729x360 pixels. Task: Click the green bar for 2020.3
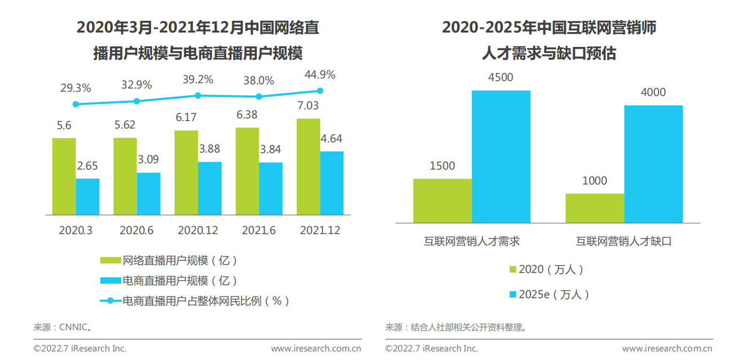[x=64, y=177]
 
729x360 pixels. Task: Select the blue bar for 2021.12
[x=332, y=183]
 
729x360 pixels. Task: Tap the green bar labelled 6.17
[x=186, y=172]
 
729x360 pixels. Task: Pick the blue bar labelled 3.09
[x=148, y=194]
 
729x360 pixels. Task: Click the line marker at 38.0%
[x=259, y=97]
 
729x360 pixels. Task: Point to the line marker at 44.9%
[x=320, y=91]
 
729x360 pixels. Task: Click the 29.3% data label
[x=75, y=88]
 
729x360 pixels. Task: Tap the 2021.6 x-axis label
[x=258, y=230]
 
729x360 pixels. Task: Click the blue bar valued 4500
[x=501, y=156]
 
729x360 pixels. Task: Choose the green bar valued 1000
[x=595, y=208]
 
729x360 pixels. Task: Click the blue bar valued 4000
[x=653, y=164]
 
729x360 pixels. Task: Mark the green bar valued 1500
[x=442, y=201]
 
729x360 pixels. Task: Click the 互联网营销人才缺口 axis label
[x=623, y=241]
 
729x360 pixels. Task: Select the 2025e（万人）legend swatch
[x=513, y=294]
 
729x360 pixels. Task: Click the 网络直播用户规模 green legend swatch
[x=110, y=260]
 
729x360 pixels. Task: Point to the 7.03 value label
[x=308, y=106]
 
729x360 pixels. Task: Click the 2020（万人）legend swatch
[x=513, y=269]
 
